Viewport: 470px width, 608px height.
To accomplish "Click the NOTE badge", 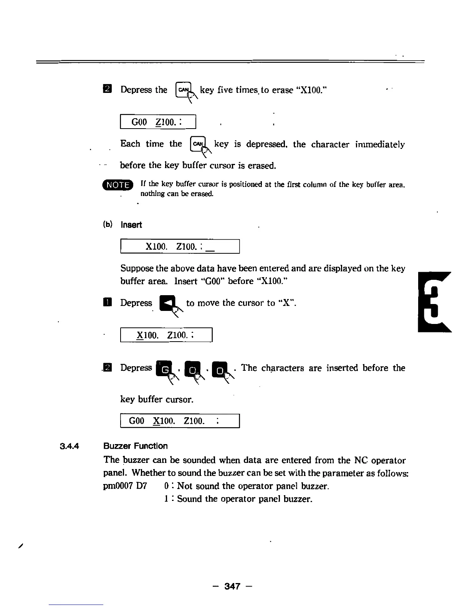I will click(118, 185).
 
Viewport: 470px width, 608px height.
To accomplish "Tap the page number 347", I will click(232, 586).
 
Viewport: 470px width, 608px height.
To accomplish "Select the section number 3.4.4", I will click(70, 446).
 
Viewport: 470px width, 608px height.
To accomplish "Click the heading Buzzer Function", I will click(136, 446).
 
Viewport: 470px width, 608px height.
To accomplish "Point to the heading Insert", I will click(131, 225).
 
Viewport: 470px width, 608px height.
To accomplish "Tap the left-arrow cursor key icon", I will click(168, 304).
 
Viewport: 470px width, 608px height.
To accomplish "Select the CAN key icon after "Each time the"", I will click(198, 145).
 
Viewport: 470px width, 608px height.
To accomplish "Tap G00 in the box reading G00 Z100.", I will click(139, 122).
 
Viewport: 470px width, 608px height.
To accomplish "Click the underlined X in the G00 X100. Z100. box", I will click(156, 421).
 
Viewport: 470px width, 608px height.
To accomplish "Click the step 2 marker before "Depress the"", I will click(108, 89).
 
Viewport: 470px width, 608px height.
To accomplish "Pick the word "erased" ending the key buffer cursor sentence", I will click(261, 166).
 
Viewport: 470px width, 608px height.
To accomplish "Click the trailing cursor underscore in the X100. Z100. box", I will click(210, 249).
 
